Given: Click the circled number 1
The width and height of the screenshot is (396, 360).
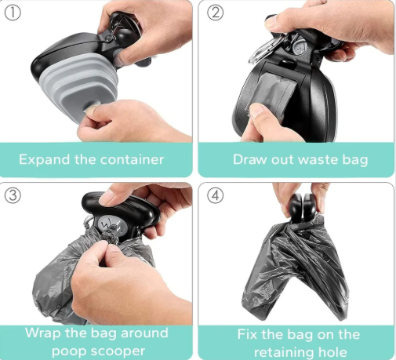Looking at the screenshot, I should (x=13, y=13).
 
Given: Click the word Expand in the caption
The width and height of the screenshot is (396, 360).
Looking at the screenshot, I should (x=44, y=159).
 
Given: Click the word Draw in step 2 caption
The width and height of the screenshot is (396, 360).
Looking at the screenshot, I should (x=251, y=159).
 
